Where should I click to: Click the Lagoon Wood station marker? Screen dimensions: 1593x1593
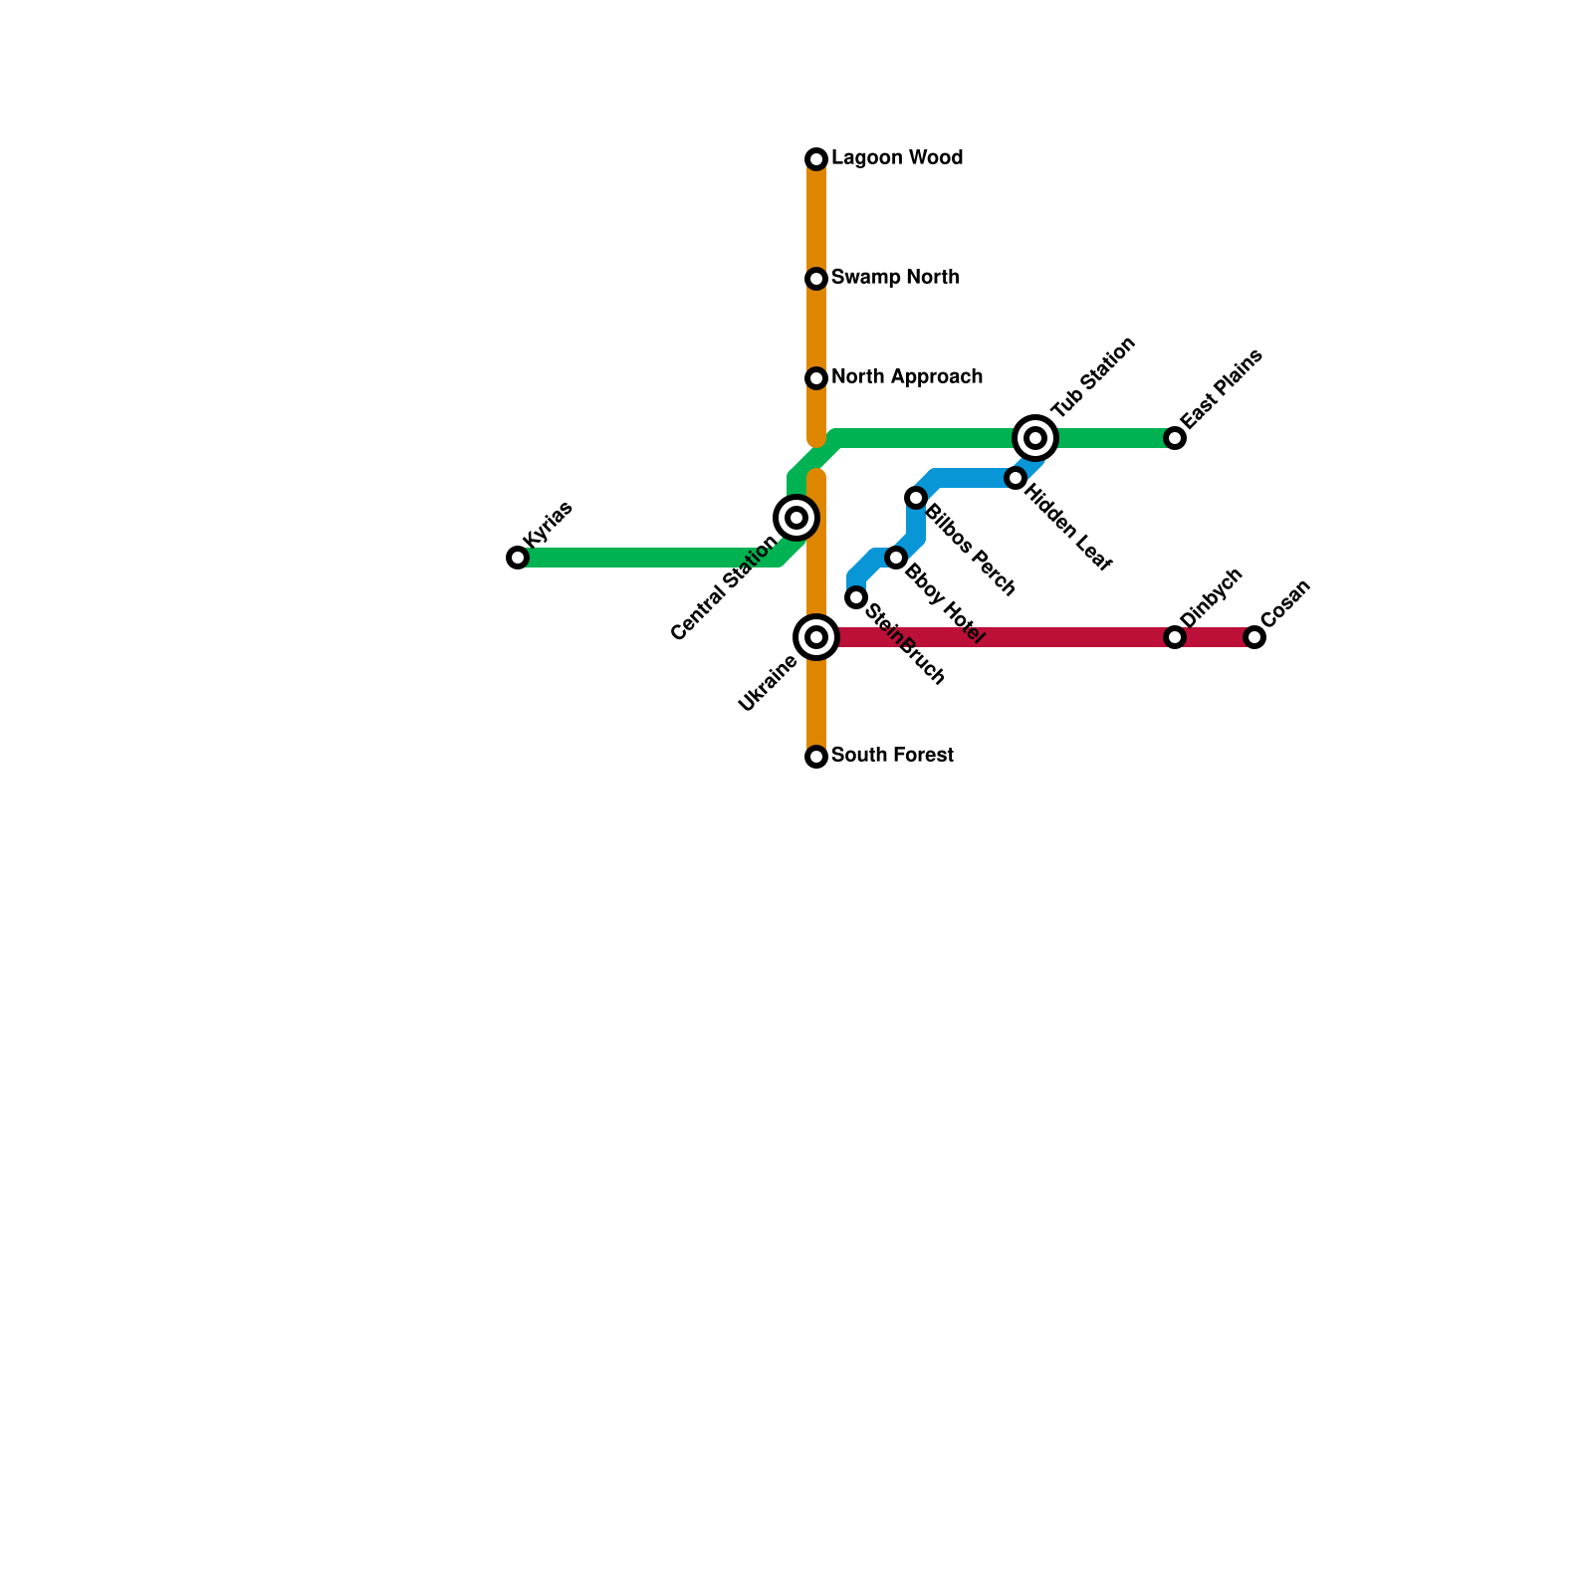coord(816,159)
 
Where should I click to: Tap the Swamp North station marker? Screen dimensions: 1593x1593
coord(816,279)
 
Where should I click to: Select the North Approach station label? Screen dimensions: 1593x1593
coord(906,377)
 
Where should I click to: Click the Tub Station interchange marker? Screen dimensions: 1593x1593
coord(1035,438)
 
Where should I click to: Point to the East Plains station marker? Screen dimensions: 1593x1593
coord(1175,438)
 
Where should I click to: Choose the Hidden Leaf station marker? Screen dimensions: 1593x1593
coord(1016,478)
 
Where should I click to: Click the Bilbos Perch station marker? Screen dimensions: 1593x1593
coord(916,498)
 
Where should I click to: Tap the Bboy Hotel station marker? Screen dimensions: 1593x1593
coord(896,558)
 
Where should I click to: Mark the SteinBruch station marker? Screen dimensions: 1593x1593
coord(856,597)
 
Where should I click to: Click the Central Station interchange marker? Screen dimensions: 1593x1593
coord(796,518)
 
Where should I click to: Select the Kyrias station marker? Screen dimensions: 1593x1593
coord(518,558)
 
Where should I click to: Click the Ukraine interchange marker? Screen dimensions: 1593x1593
coord(816,637)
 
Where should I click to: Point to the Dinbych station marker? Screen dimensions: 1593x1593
coord(1175,637)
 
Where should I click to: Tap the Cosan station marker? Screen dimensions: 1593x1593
coord(1254,637)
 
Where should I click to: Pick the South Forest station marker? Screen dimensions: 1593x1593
coord(816,757)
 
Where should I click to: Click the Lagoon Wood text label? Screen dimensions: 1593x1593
coord(896,158)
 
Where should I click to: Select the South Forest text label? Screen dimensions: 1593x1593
coord(892,756)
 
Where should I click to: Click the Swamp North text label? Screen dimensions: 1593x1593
coord(894,278)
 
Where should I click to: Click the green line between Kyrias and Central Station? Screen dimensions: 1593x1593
coord(647,558)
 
